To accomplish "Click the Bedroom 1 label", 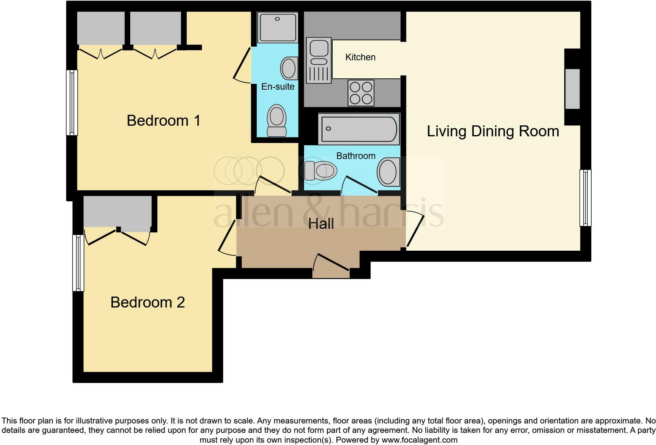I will [164, 121].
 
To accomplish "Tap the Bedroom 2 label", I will [148, 302].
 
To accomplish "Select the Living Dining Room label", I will [493, 131].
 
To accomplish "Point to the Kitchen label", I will [360, 57].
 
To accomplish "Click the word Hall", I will [321, 224].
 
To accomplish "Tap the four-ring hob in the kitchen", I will [361, 93].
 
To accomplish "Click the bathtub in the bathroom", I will [359, 128].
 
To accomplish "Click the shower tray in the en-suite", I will [277, 27].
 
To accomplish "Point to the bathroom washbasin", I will [388, 172].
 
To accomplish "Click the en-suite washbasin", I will [289, 68].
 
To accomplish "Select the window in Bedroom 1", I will [72, 103].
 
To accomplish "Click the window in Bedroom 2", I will [78, 263].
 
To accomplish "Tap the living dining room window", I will [585, 198].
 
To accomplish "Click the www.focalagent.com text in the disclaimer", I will [419, 440].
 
